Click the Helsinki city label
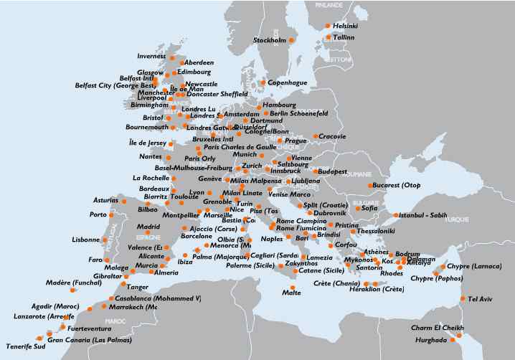point(345,26)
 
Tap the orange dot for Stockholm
point(291,40)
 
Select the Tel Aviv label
point(481,299)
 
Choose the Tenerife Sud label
point(25,346)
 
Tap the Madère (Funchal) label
point(43,283)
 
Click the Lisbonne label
point(86,240)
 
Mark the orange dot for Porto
point(111,214)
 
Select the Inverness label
point(151,56)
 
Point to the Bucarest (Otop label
point(396,186)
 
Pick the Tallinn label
point(344,37)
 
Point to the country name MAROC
point(115,321)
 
